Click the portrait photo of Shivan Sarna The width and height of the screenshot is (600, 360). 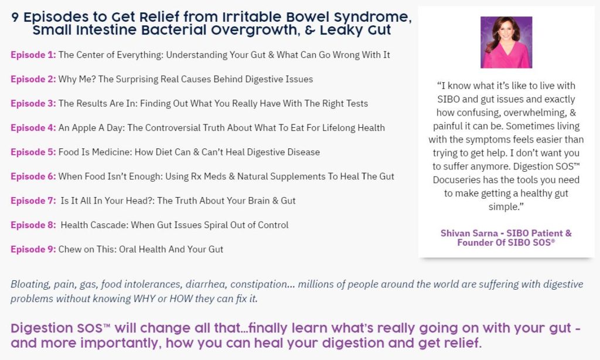point(506,42)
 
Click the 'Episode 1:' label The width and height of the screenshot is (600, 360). point(33,55)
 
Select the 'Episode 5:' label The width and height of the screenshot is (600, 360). point(33,152)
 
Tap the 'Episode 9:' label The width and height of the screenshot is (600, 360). point(33,249)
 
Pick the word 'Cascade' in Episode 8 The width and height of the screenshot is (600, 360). point(109,225)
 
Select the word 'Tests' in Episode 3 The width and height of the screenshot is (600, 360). point(357,103)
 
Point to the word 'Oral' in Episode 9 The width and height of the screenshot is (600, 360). point(127,249)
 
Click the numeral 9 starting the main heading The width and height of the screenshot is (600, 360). point(15,17)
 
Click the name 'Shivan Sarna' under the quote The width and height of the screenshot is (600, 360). point(469,233)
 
